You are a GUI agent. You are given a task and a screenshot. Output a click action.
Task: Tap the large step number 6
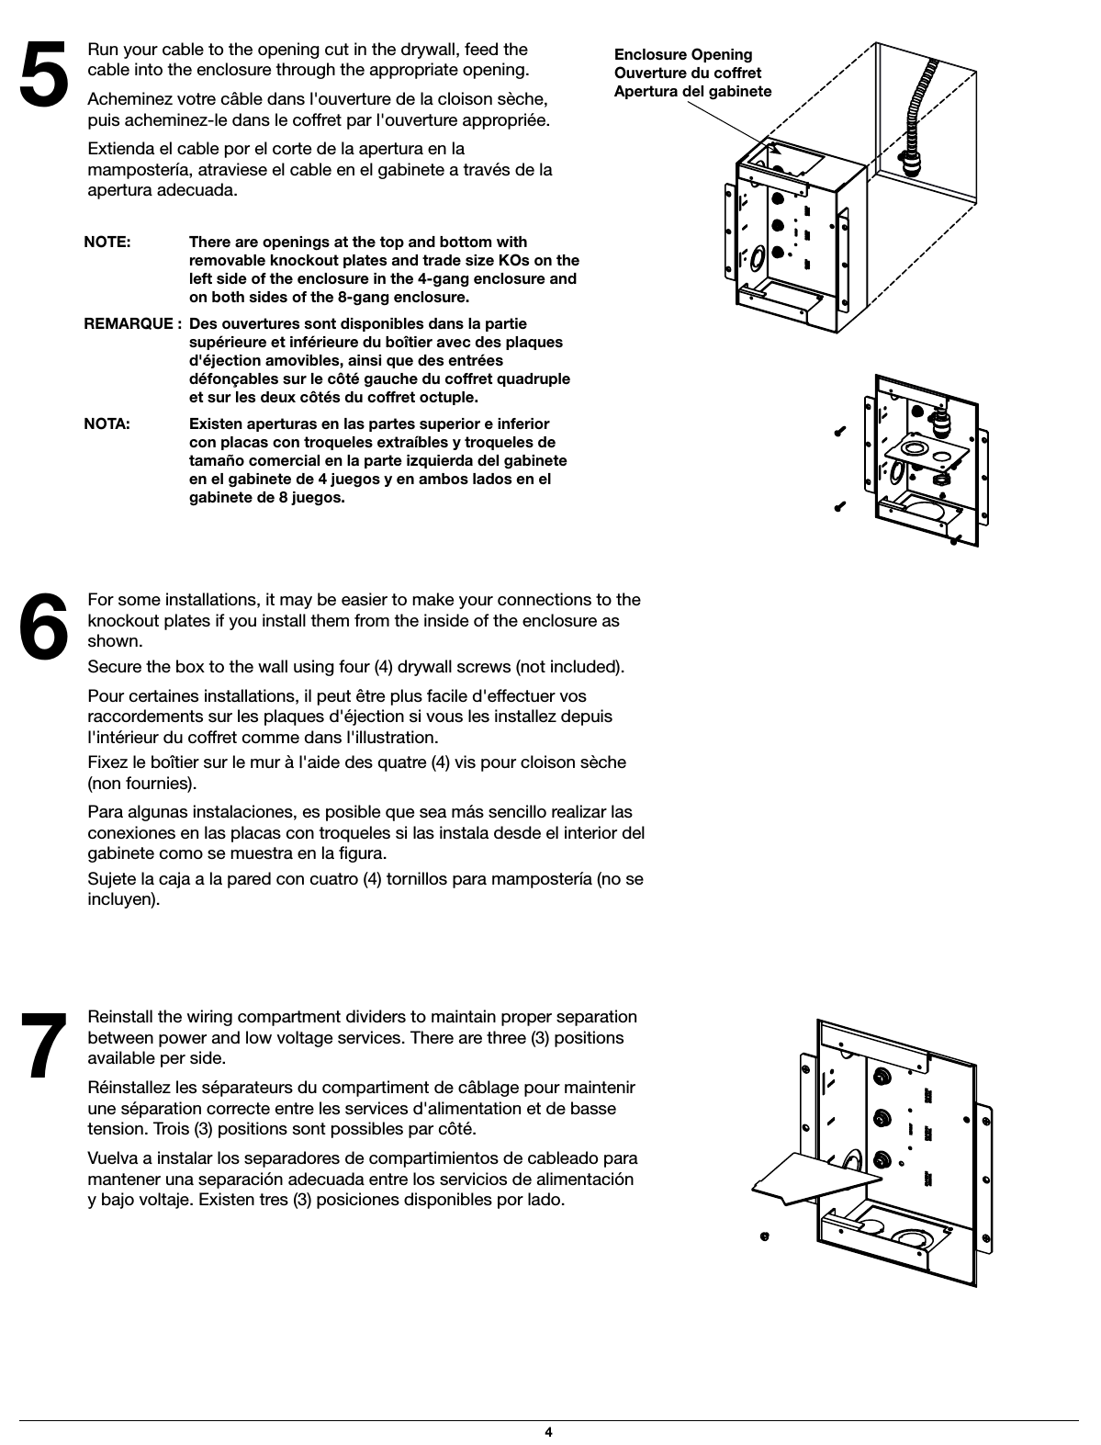(x=44, y=625)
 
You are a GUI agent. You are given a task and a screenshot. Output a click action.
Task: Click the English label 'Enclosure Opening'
(x=682, y=55)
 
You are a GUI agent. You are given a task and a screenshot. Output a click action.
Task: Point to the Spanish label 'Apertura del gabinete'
(x=692, y=92)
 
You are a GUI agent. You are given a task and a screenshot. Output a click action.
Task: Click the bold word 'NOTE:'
(x=107, y=243)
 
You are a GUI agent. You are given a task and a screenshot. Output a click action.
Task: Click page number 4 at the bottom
(x=548, y=1432)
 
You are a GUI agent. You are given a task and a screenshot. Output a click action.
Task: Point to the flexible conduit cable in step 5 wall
(x=916, y=110)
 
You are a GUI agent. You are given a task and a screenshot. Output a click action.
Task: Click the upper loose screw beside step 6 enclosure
(x=839, y=432)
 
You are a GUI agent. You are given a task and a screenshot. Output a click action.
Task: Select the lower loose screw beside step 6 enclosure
(x=839, y=505)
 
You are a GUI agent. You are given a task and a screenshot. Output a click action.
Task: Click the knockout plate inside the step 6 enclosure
(x=923, y=452)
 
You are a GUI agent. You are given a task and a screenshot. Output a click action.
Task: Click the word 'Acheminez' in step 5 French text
(x=126, y=99)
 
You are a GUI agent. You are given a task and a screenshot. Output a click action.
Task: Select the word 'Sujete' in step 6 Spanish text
(x=110, y=879)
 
